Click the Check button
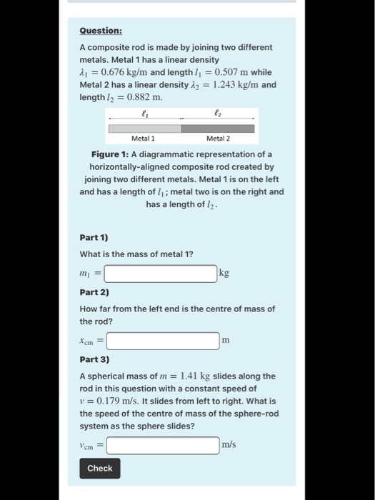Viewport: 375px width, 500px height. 99,468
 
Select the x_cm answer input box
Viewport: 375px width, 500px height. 163,341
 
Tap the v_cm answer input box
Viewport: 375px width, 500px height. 163,445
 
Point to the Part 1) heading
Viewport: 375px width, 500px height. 93,237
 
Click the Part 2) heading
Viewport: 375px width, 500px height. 93,292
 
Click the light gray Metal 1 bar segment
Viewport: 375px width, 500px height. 144,129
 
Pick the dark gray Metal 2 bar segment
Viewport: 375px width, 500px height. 217,129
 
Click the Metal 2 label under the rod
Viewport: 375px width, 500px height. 218,139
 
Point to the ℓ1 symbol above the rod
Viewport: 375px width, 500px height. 145,112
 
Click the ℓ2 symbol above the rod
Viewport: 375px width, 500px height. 217,112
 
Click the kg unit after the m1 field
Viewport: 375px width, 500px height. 224,273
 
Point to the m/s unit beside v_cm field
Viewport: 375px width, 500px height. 229,445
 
